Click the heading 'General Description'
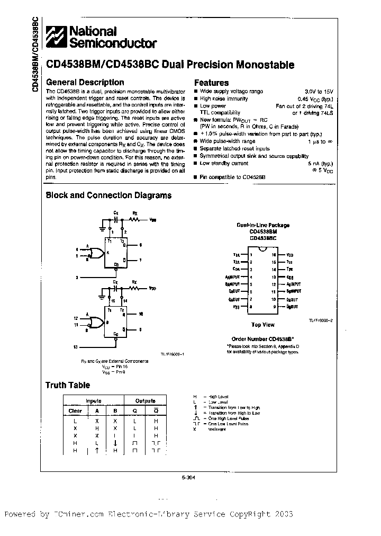pos(85,83)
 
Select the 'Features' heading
pos(211,83)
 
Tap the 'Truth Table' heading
pos(67,385)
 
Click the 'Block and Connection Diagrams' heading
pos(108,195)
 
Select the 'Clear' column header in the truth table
pos(75,410)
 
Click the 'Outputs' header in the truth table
pos(146,401)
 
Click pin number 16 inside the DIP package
pos(274,255)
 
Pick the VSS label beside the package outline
pos(236,307)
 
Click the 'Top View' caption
pos(262,324)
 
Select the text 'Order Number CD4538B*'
pos(262,338)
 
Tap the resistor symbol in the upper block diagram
pos(135,218)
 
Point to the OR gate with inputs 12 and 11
pos(97,321)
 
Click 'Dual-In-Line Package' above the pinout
pos(263,225)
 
